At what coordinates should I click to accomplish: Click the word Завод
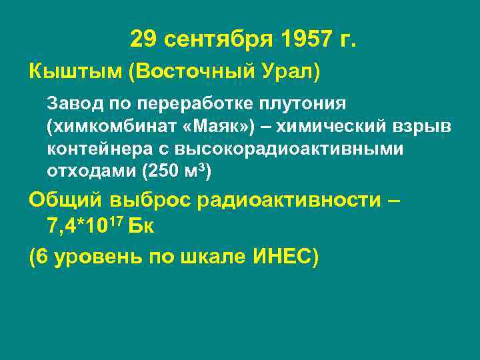pyautogui.click(x=71, y=105)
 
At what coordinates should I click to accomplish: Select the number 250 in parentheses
pyautogui.click(x=163, y=170)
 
